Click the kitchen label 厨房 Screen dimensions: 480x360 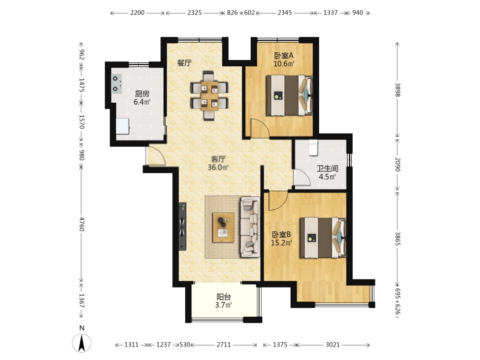142,94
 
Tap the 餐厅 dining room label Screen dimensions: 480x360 185,63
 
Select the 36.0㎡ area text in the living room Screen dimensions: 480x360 218,167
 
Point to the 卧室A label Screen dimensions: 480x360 284,55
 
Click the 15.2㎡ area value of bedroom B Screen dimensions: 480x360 281,243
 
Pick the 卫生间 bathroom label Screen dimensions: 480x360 327,168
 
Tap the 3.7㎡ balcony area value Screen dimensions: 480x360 224,305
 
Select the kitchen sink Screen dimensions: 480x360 123,126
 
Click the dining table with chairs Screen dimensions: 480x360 209,96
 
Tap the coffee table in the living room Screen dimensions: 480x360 224,228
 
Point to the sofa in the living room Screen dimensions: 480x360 250,227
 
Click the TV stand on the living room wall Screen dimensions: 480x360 182,226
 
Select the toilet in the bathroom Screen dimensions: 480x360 313,148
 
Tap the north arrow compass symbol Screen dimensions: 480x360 82,343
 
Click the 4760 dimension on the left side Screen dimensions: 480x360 82,224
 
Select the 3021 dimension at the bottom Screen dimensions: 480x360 333,345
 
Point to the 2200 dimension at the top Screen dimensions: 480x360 137,12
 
